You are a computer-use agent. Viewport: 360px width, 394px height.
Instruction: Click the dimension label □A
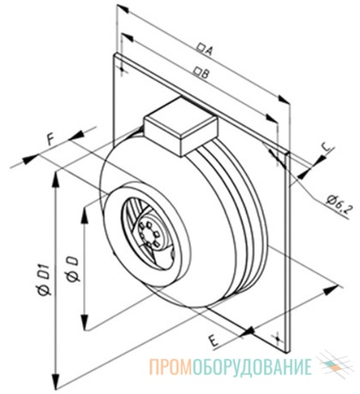pos(206,49)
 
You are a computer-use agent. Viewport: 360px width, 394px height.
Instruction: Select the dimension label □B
pos(201,72)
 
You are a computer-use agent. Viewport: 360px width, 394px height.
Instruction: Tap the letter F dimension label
pos(51,140)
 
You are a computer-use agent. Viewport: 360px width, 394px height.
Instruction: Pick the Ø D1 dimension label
pos(45,280)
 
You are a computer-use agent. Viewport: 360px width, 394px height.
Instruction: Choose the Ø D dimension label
pos(72,269)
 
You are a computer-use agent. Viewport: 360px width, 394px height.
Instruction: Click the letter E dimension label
pos(213,341)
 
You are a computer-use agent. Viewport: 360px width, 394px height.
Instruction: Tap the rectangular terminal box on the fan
pos(180,126)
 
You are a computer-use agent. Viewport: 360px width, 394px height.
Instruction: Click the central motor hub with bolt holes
pos(149,231)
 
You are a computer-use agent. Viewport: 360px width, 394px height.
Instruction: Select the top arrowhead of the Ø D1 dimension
pos(56,180)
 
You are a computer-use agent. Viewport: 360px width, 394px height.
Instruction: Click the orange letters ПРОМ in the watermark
pos(171,367)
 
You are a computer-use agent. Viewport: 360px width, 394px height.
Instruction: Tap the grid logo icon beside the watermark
pos(334,366)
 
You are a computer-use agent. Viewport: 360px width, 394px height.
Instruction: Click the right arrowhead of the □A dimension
pos(284,100)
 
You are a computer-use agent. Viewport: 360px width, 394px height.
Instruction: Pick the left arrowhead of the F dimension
pos(31,158)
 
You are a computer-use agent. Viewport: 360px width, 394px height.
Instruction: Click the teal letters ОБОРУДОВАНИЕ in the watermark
pos(252,367)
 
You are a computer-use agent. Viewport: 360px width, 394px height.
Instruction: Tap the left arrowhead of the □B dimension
pos(127,38)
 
